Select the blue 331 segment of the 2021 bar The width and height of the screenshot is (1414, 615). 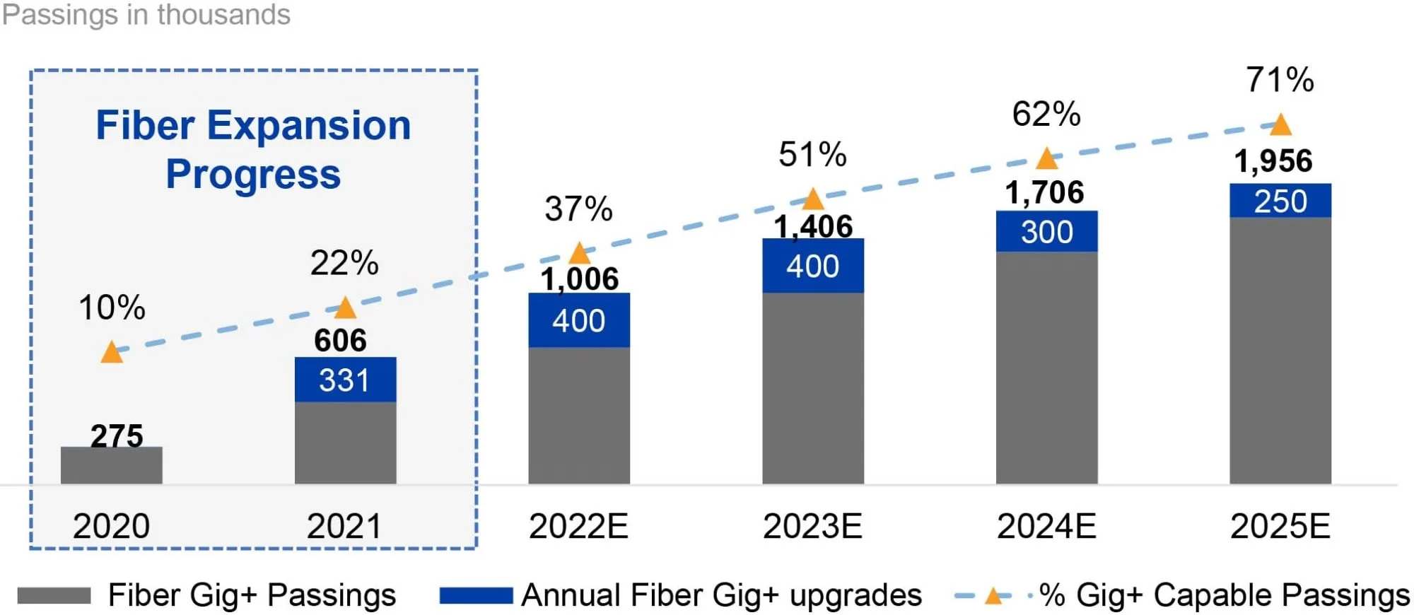click(x=345, y=380)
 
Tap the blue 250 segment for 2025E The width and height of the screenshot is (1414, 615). click(x=1280, y=201)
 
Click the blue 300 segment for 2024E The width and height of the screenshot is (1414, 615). click(x=1046, y=231)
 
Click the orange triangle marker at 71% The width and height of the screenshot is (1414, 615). click(x=1280, y=126)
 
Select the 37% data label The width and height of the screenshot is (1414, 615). click(x=578, y=209)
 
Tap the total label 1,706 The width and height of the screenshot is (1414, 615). click(x=1044, y=192)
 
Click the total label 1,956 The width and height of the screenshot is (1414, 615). click(x=1273, y=161)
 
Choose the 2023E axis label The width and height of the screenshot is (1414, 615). click(x=812, y=526)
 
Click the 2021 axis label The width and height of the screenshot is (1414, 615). click(x=344, y=526)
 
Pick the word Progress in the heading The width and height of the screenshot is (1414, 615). click(x=253, y=175)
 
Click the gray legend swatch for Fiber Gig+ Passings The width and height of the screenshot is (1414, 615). click(x=54, y=596)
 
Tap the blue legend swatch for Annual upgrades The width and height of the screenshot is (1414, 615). click(x=476, y=596)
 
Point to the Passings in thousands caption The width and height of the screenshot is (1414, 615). click(x=146, y=15)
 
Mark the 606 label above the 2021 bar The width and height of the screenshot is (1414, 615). click(x=340, y=341)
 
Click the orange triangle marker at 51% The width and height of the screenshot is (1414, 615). click(x=813, y=199)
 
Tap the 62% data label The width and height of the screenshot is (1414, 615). click(x=1046, y=114)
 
